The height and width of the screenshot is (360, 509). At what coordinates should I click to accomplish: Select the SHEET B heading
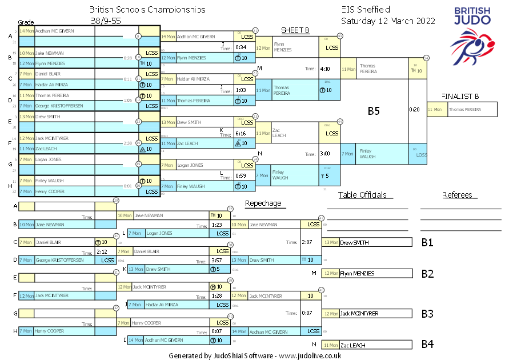(x=295, y=30)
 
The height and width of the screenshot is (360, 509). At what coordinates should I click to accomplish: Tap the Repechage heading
(x=263, y=203)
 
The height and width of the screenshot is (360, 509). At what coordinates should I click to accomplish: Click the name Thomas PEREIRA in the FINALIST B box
(x=464, y=109)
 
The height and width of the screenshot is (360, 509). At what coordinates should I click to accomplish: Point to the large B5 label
(x=374, y=111)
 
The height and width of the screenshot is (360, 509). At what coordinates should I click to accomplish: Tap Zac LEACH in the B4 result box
(x=353, y=345)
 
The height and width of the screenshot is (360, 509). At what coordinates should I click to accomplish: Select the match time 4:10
(x=325, y=69)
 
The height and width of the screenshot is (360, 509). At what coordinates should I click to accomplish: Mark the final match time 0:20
(x=414, y=109)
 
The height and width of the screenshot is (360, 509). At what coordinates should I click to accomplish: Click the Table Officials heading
(x=366, y=195)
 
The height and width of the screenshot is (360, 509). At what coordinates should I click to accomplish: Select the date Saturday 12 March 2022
(x=388, y=21)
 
